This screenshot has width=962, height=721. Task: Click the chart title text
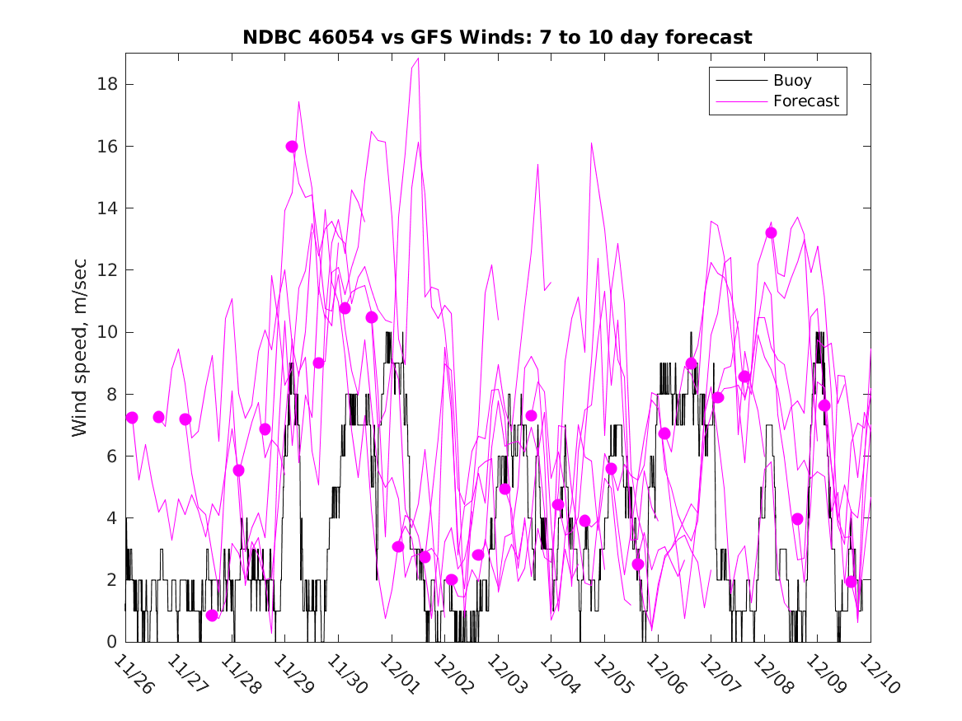[x=497, y=37]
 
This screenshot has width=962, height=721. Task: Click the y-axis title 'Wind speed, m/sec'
[x=79, y=347]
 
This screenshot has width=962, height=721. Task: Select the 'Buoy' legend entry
[x=792, y=81]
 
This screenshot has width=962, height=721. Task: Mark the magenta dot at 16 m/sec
[x=292, y=147]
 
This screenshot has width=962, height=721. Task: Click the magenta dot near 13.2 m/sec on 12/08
[x=771, y=232]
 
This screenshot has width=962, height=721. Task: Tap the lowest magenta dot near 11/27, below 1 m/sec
[x=212, y=615]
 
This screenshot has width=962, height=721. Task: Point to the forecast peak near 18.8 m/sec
[x=419, y=59]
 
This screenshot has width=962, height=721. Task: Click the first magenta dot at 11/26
[x=132, y=418]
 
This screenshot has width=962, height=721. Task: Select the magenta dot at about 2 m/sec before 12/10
[x=851, y=581]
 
